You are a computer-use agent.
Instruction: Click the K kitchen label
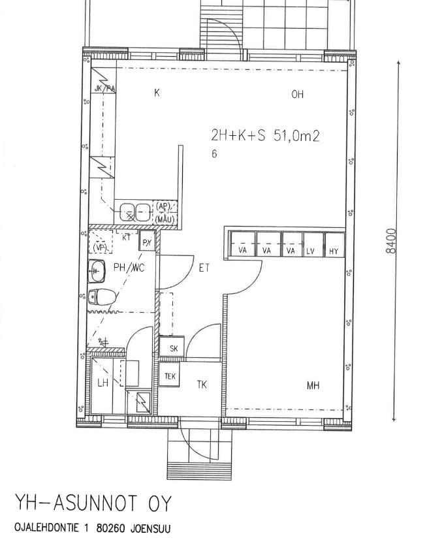point(157,93)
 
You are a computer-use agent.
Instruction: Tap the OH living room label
point(298,95)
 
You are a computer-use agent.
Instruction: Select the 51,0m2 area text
point(296,136)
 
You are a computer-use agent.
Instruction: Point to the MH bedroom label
point(313,385)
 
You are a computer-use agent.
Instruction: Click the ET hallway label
point(204,268)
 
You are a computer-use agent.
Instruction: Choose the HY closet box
point(334,244)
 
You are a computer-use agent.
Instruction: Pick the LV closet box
point(313,244)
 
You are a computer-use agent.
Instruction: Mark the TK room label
point(202,385)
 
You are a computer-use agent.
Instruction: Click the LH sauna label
point(103,383)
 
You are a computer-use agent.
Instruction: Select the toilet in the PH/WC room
point(103,297)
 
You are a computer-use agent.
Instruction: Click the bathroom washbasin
point(97,270)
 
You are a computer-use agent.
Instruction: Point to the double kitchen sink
point(134,212)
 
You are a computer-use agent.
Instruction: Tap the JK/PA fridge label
point(104,89)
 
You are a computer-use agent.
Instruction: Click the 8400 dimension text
point(391,241)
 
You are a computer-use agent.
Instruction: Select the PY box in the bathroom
point(148,241)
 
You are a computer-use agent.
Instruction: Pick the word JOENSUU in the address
point(150,528)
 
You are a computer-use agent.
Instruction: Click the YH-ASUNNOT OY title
point(93,504)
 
